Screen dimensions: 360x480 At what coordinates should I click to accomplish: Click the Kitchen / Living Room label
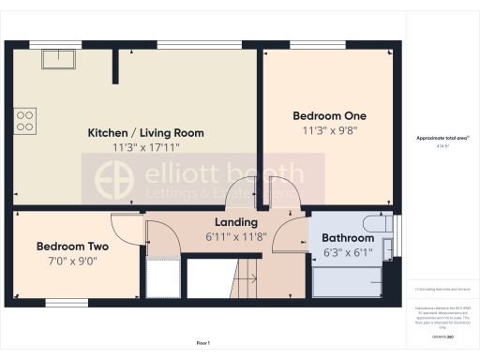point(145,133)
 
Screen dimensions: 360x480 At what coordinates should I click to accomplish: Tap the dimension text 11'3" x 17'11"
point(145,147)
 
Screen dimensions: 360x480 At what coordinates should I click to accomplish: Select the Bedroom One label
point(329,115)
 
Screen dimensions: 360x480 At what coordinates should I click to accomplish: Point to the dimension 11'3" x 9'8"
point(329,130)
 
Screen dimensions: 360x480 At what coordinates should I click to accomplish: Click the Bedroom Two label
point(72,247)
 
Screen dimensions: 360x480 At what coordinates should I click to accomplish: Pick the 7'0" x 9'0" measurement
point(72,261)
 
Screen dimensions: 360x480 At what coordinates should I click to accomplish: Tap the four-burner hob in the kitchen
point(26,119)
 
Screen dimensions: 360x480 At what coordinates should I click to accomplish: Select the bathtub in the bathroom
point(347,279)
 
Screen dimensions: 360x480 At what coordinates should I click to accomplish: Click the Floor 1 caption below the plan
point(203,344)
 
